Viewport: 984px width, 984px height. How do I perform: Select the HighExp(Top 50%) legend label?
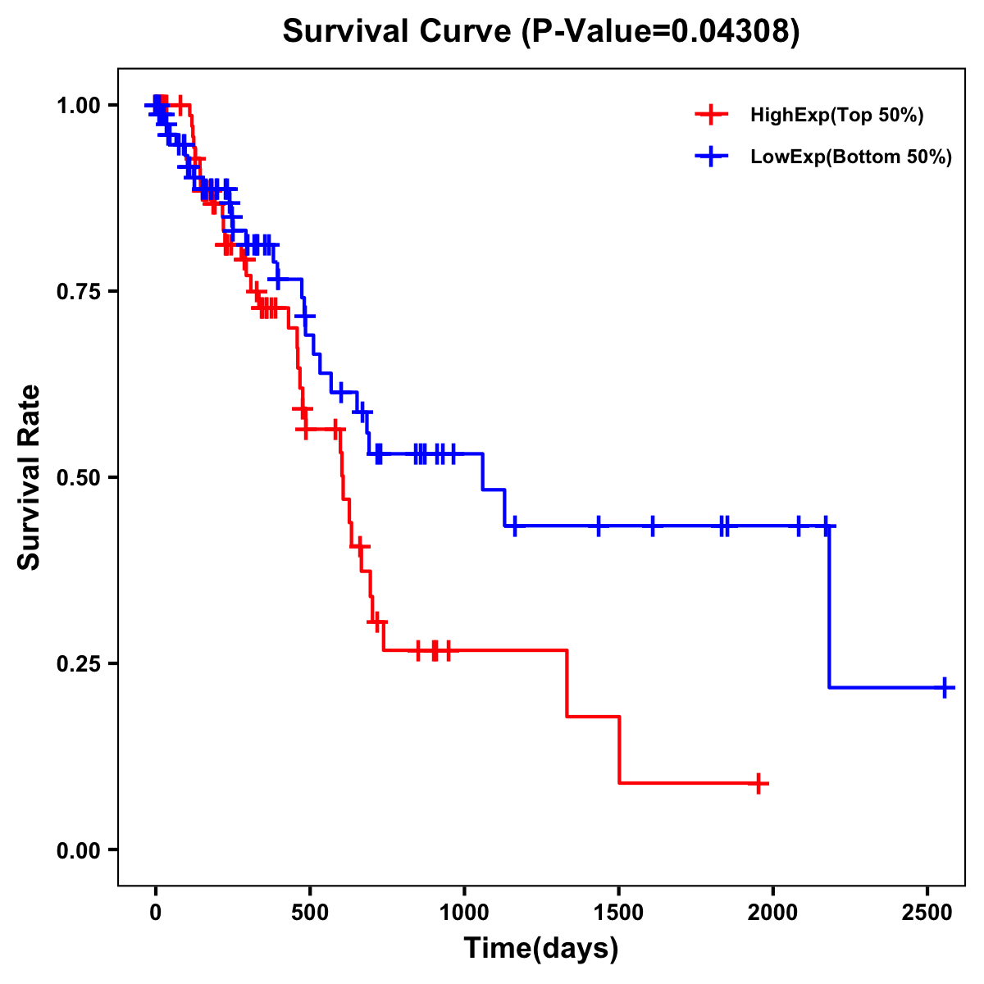pos(837,116)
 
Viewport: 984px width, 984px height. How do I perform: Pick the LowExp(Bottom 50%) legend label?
pos(851,157)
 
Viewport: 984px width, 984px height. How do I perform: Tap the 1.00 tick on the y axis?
pos(78,106)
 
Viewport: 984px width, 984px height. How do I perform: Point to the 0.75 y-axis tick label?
pos(78,292)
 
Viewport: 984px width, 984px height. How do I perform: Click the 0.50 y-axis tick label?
pos(78,478)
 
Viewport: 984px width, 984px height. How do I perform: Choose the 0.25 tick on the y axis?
pos(78,664)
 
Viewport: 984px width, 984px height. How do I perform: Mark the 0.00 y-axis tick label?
pos(78,850)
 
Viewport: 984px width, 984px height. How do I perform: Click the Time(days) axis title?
pos(541,949)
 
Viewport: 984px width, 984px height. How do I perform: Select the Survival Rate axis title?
pos(30,477)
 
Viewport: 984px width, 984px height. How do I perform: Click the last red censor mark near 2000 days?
pos(760,783)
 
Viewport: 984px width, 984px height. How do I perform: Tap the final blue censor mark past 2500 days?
pos(945,687)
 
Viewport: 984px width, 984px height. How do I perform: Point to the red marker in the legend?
pos(711,115)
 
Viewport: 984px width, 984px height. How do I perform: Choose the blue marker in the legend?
pos(711,157)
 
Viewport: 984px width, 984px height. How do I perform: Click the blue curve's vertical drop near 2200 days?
pos(829,607)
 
